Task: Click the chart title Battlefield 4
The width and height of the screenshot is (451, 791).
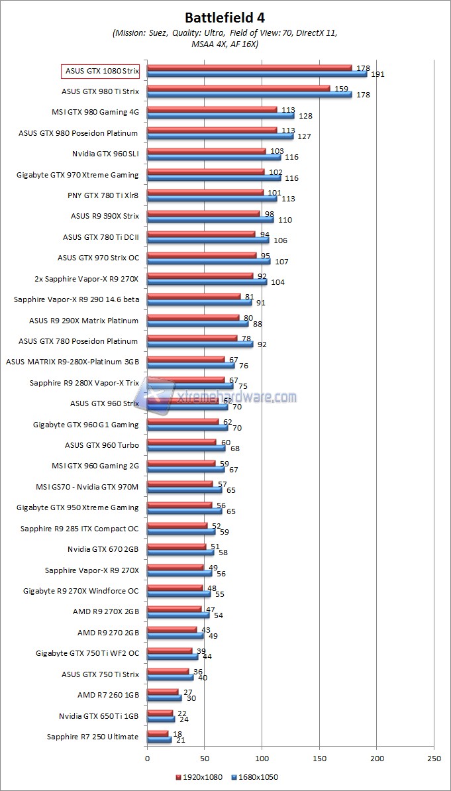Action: pos(225,17)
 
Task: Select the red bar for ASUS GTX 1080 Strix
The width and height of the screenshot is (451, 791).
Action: pos(249,68)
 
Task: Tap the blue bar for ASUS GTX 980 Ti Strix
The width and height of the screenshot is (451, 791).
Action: pos(249,94)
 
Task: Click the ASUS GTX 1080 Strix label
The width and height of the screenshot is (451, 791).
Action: pos(101,71)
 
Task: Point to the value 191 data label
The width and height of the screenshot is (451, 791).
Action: pos(377,74)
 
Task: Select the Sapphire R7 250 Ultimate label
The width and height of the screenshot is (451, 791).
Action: pos(93,737)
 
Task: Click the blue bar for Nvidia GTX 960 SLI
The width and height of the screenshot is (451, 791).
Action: pos(214,157)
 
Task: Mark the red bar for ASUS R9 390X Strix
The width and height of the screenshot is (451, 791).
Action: pos(203,213)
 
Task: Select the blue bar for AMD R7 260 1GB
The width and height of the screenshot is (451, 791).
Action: pos(164,698)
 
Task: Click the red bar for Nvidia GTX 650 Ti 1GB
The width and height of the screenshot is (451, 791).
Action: pos(160,713)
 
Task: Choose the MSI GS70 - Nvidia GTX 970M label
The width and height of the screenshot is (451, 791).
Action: pos(87,487)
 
